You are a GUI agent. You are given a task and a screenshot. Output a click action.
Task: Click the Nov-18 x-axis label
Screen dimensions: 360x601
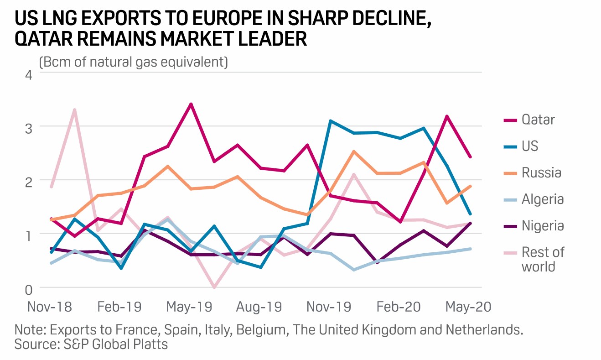pos(50,307)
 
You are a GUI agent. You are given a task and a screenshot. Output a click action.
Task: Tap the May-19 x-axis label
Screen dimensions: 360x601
pos(189,307)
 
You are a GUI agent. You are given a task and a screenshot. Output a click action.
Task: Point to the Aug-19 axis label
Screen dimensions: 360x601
pos(259,307)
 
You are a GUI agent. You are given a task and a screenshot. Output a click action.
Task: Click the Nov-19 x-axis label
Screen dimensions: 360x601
pos(329,307)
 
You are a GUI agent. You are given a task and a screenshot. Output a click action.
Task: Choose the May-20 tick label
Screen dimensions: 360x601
pos(468,307)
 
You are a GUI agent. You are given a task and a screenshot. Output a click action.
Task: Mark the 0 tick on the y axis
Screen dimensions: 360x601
pos(28,289)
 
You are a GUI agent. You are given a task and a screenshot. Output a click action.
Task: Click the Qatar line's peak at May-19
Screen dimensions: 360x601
pos(191,104)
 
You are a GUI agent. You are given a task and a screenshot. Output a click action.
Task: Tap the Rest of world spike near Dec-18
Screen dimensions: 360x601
pos(74,110)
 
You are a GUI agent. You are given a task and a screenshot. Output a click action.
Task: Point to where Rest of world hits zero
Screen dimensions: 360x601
pos(214,287)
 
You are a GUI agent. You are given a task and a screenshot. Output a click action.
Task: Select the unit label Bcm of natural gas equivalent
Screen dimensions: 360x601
pos(133,62)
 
